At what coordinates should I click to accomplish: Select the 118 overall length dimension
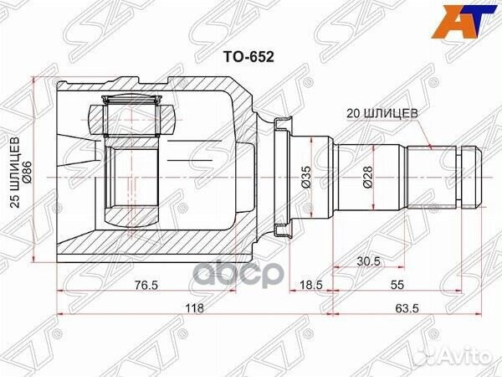[193, 308]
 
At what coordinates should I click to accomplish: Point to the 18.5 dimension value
[310, 285]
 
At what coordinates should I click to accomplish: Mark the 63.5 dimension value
[407, 308]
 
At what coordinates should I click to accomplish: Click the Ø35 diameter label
[306, 176]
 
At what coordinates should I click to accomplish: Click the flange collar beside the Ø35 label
[283, 176]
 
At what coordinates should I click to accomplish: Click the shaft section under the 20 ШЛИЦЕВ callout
[431, 176]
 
